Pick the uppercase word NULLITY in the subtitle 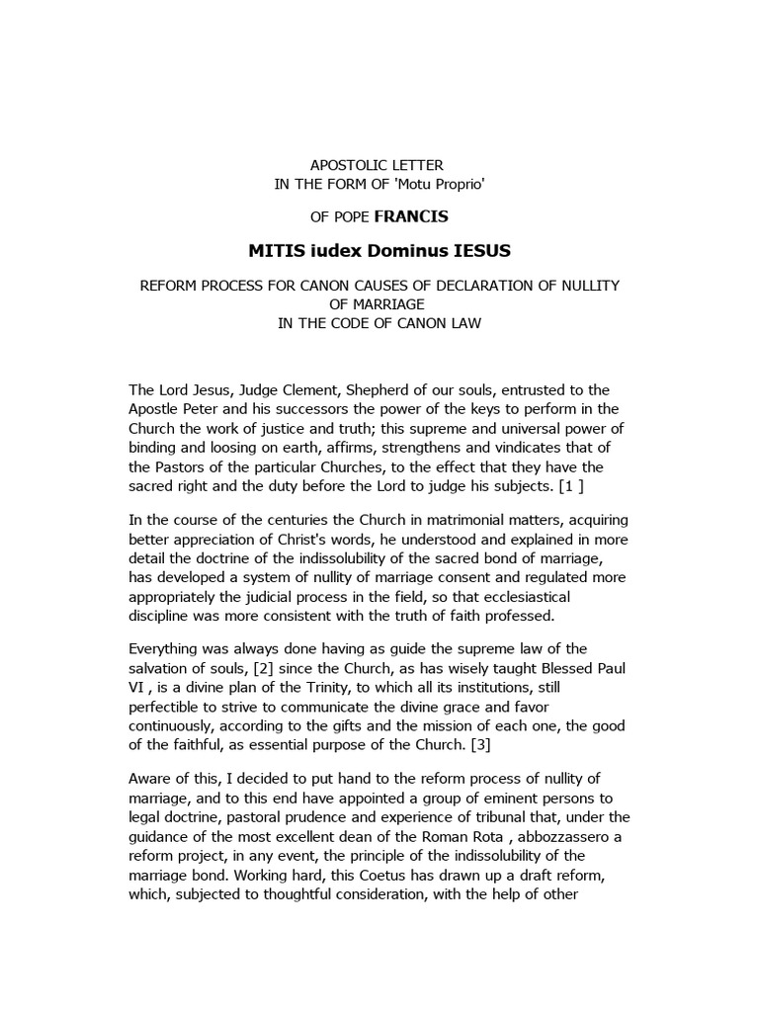point(589,286)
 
